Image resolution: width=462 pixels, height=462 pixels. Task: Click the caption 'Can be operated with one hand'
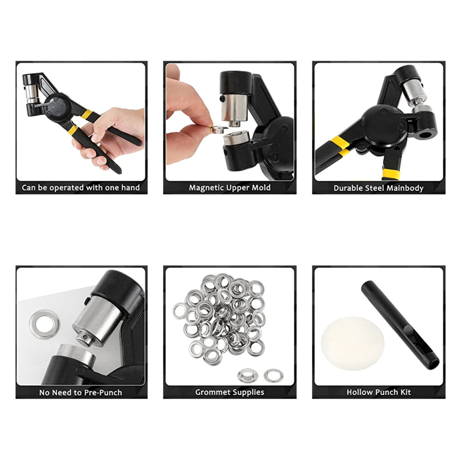pos(81,188)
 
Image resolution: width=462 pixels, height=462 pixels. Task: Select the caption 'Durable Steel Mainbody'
pos(378,188)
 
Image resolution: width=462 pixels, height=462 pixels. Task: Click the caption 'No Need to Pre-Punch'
pos(80,392)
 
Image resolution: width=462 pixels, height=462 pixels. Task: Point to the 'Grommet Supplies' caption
pos(230,392)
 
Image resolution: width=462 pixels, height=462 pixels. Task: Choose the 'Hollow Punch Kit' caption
pos(378,392)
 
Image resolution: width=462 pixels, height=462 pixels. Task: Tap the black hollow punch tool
pos(400,325)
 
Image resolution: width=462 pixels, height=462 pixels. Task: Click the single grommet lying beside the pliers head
pos(44,324)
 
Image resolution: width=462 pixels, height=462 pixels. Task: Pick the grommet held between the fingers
pos(219,129)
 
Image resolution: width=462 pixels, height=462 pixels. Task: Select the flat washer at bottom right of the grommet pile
pos(273,375)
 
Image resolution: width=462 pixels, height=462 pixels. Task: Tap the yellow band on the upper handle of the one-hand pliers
pos(87,114)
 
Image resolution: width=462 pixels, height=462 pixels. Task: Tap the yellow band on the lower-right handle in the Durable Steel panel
pos(391,174)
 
